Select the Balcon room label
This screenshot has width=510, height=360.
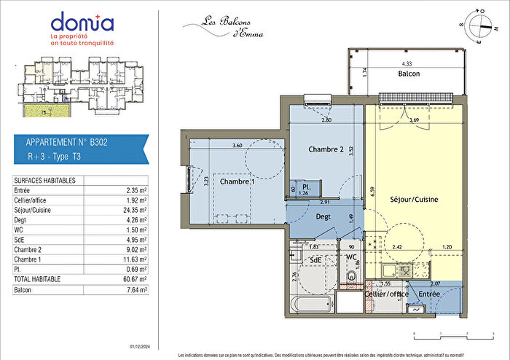coord(409,74)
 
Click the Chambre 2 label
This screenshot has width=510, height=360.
coord(325,149)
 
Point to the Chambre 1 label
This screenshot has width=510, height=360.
coord(236,181)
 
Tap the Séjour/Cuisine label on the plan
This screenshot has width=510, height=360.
coord(414,198)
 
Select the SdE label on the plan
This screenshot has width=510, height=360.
coord(316,259)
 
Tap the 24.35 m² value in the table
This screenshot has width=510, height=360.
coord(136,208)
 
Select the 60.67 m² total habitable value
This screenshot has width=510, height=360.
coord(136,279)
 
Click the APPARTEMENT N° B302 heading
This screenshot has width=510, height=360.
coord(67,144)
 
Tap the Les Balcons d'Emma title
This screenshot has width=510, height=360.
coord(223,27)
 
